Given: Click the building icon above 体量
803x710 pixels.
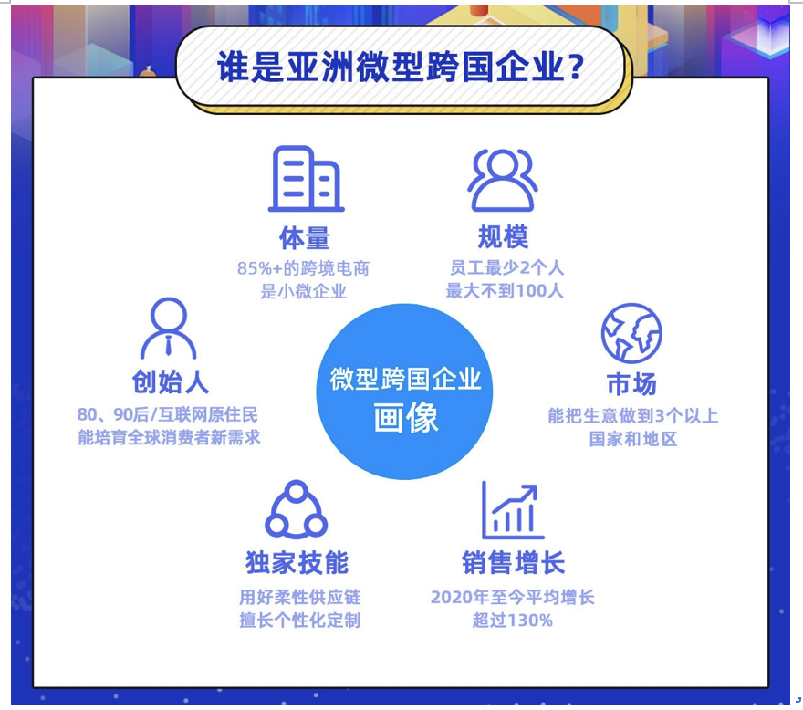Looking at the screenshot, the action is tap(306, 179).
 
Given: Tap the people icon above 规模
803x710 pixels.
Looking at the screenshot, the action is tap(503, 180).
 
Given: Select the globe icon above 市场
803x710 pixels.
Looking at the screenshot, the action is tap(631, 333).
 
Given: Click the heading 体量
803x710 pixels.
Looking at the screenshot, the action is tap(305, 238).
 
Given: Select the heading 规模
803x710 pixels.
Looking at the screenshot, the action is tap(503, 237).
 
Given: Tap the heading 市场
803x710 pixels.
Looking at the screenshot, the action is tap(631, 384).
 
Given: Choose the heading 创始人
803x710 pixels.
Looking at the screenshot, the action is tap(171, 381).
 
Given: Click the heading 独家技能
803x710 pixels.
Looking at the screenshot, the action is tap(297, 563).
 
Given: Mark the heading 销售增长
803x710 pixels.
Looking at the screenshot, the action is tap(513, 563).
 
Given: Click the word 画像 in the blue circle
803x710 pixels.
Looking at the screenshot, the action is tap(405, 417).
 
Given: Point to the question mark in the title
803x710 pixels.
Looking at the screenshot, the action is tap(576, 67).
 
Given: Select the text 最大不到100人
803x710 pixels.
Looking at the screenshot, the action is tap(505, 291).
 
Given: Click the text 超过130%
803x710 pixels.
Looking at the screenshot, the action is tap(513, 621).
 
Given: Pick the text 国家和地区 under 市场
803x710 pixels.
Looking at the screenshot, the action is tap(633, 439).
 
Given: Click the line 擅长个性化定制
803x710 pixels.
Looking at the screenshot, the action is tap(300, 621).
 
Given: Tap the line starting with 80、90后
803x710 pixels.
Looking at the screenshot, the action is tap(168, 414).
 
